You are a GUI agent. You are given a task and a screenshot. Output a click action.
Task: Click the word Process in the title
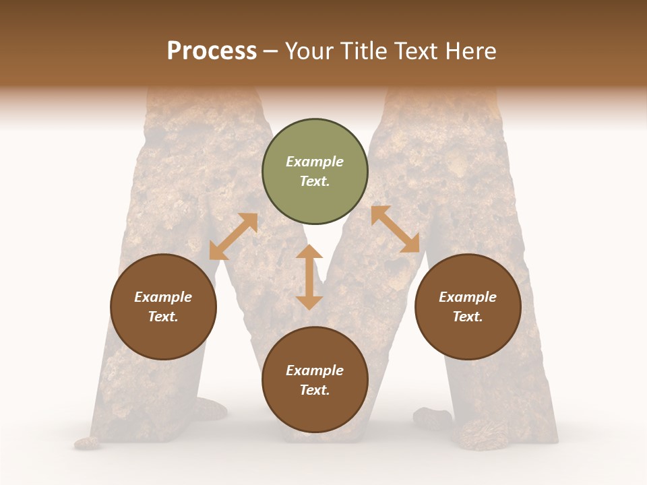(212, 51)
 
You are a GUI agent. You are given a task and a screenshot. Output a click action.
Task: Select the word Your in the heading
(311, 51)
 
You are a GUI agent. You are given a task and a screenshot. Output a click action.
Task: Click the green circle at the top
(315, 172)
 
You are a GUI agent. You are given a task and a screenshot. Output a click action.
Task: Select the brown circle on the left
(163, 306)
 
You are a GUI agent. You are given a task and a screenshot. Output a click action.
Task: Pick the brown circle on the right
(468, 306)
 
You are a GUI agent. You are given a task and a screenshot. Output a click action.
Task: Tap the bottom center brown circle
(315, 379)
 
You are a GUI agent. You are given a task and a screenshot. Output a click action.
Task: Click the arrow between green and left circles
(233, 236)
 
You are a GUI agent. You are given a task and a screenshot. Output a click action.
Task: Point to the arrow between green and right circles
(395, 229)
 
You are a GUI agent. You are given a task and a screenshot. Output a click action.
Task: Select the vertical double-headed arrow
(309, 277)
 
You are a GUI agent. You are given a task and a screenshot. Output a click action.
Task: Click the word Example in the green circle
(315, 162)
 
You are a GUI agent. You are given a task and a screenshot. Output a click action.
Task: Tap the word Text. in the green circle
(315, 181)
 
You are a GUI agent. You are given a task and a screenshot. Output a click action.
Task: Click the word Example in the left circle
(163, 297)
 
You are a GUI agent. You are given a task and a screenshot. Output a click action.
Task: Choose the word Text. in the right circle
(468, 317)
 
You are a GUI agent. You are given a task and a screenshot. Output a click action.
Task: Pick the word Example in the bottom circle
(315, 370)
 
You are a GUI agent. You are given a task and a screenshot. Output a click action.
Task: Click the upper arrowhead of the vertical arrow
(309, 252)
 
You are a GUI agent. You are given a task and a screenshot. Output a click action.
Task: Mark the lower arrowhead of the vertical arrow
(309, 302)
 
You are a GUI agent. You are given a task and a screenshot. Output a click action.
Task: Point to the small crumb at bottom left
(86, 443)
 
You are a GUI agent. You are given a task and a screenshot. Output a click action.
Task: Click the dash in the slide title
(270, 51)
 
